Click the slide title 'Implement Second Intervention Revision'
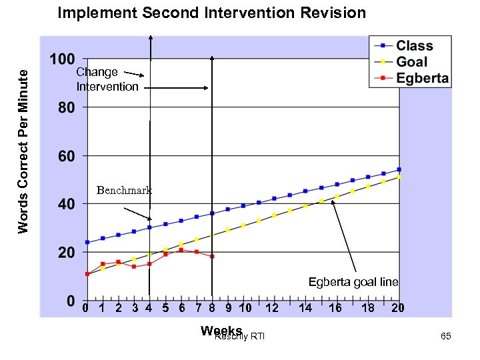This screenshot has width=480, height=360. [x=211, y=13]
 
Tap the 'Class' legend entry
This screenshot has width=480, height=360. [x=414, y=46]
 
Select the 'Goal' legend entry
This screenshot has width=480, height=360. [x=412, y=62]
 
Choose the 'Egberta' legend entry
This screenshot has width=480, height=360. [x=422, y=78]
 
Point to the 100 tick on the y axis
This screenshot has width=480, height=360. [x=63, y=59]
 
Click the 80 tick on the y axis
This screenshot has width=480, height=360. [x=65, y=107]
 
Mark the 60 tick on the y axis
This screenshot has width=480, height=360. [x=65, y=157]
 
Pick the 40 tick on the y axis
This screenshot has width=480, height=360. [x=65, y=205]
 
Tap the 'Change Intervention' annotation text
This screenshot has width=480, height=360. [x=107, y=79]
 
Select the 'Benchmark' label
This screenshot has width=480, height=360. [x=124, y=191]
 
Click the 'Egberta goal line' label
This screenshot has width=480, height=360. [x=353, y=282]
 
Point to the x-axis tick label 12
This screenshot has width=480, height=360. [x=272, y=308]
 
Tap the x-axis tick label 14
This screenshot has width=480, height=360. [x=305, y=308]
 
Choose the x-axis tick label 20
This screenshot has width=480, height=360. [x=398, y=308]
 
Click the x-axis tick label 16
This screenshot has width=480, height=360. [x=335, y=308]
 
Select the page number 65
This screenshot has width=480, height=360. [x=446, y=337]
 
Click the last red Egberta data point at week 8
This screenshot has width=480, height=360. [x=212, y=257]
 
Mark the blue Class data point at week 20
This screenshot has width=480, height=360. [x=399, y=169]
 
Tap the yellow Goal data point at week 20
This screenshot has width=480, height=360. [x=399, y=177]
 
